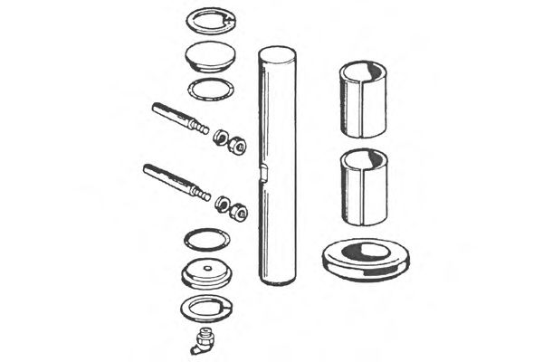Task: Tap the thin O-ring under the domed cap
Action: pyautogui.click(x=209, y=89)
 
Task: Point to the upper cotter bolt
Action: pyautogui.click(x=180, y=118)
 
